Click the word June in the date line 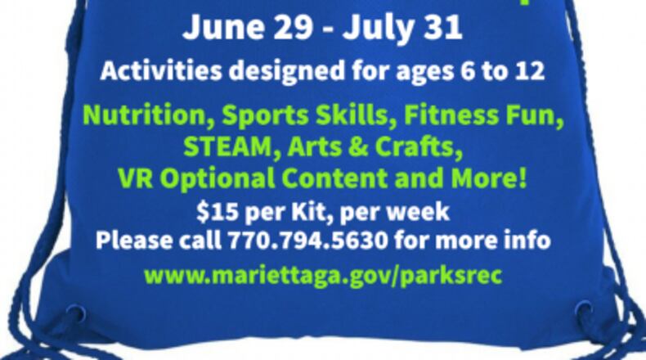[215, 29]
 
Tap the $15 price [214, 212]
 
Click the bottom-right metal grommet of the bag [584, 310]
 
